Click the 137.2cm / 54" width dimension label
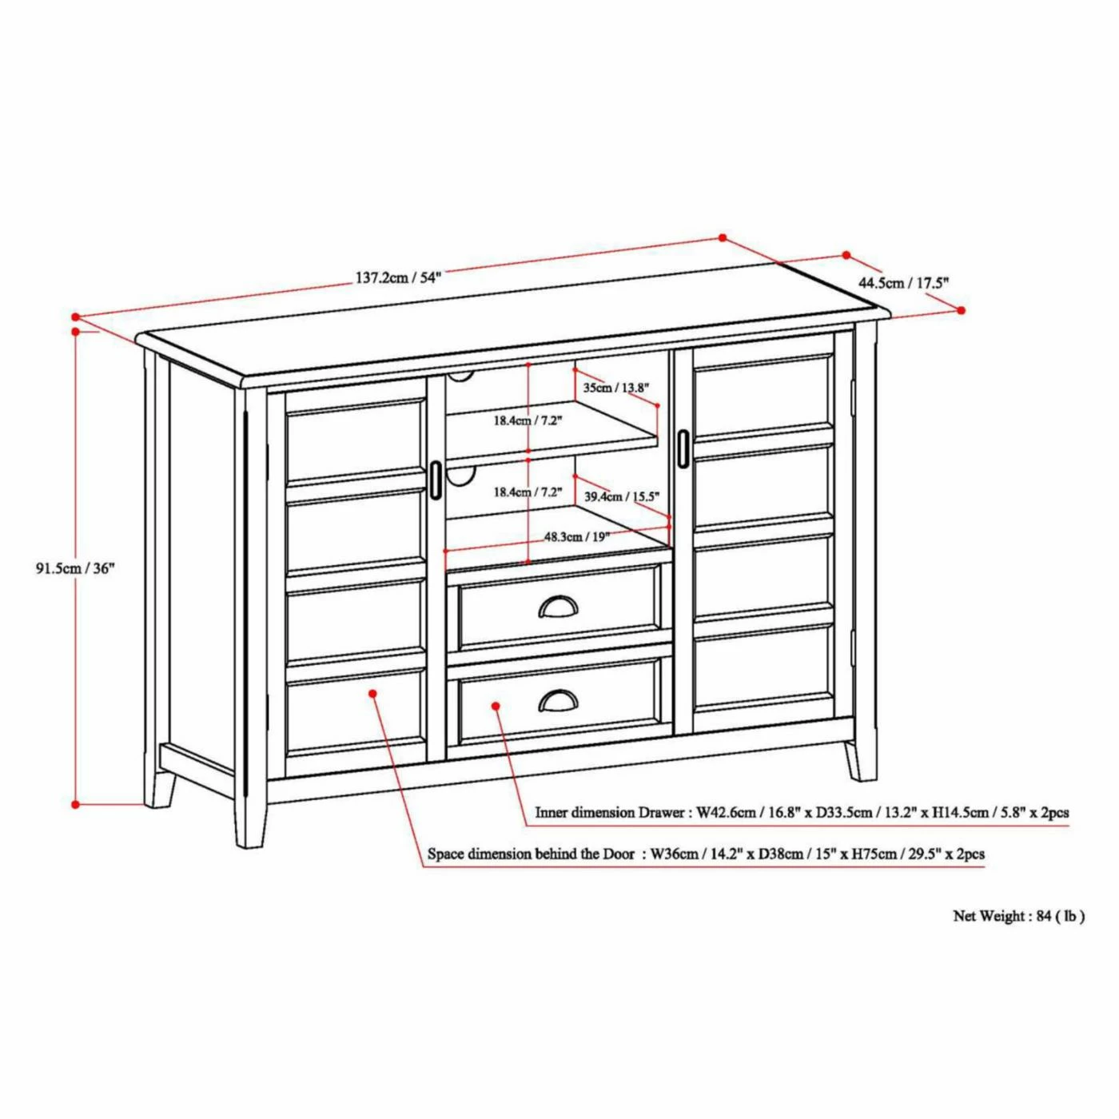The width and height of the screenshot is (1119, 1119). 398,277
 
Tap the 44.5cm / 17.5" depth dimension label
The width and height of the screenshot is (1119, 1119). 903,283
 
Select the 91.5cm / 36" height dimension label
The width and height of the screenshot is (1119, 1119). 72,568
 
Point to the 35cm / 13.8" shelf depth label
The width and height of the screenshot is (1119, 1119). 615,388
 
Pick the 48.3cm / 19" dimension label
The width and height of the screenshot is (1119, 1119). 576,536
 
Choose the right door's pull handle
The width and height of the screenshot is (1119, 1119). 683,447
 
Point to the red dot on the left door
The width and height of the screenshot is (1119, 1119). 373,693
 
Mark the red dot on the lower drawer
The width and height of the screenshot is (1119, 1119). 496,706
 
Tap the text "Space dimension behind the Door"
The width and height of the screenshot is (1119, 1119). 531,854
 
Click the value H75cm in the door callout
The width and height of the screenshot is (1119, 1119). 874,854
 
